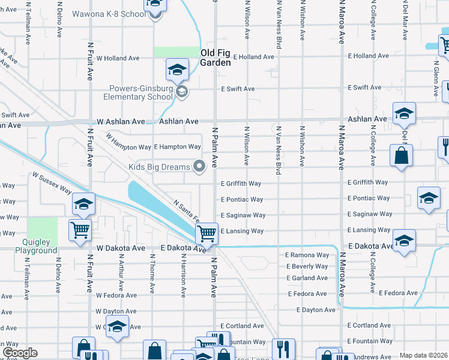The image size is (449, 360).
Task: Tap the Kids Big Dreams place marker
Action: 200,166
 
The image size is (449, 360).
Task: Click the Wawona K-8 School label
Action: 109,13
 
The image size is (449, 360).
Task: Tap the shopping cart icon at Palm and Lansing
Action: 206,232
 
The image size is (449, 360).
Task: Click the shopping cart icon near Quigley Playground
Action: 80,230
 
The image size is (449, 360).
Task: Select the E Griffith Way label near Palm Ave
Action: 241,184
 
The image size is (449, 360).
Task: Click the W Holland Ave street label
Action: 118,58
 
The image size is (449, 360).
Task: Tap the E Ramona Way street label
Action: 307,255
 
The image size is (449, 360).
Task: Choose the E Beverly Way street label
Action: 307,266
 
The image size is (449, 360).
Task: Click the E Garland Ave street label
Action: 307,278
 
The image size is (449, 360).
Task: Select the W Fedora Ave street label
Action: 117,295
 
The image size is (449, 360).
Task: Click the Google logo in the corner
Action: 20,353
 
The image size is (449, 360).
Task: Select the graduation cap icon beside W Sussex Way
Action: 83,203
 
